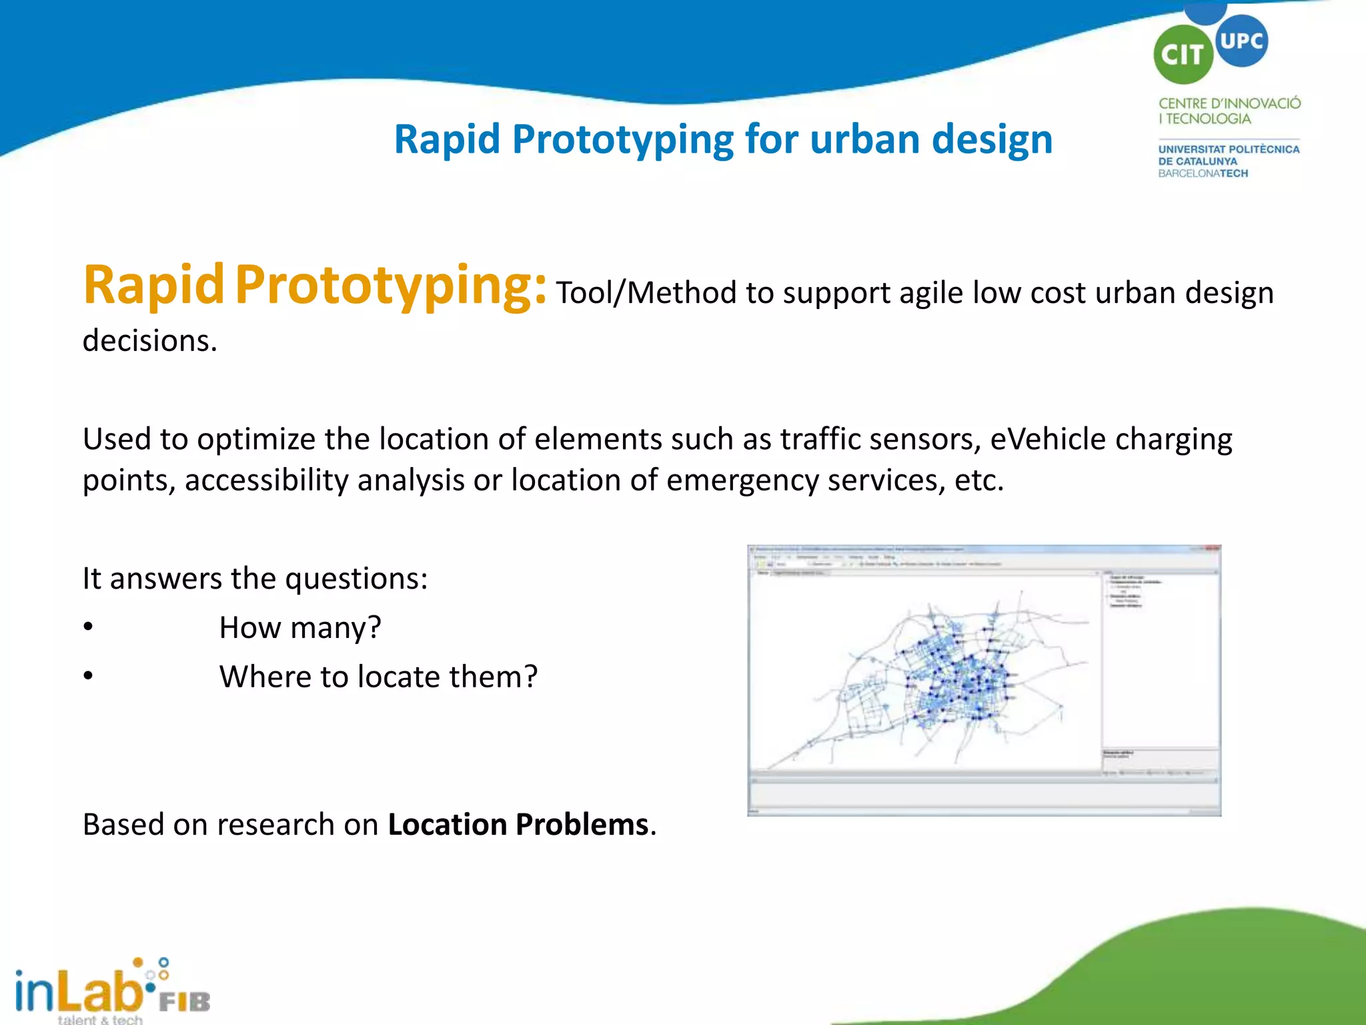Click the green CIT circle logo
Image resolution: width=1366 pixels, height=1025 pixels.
(1183, 55)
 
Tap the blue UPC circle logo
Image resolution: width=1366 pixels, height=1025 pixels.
(1241, 41)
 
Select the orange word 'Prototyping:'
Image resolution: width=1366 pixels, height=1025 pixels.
(390, 286)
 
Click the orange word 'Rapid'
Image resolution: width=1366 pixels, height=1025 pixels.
(153, 286)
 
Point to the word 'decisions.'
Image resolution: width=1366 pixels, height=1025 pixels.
(150, 341)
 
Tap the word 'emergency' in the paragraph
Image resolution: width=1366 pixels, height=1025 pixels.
(742, 480)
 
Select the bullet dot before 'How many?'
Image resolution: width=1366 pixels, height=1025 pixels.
(88, 627)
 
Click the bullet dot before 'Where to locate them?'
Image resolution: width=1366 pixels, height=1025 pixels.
(88, 676)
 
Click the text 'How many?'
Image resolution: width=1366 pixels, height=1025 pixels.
(300, 628)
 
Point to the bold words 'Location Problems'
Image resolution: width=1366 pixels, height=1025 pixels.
(518, 825)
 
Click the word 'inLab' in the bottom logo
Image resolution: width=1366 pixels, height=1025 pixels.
(77, 991)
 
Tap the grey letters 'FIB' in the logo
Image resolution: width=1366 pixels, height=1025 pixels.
(185, 1002)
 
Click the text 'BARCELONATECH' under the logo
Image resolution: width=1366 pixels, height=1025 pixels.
(1203, 174)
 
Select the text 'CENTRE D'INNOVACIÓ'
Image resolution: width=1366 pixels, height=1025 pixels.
(1229, 103)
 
